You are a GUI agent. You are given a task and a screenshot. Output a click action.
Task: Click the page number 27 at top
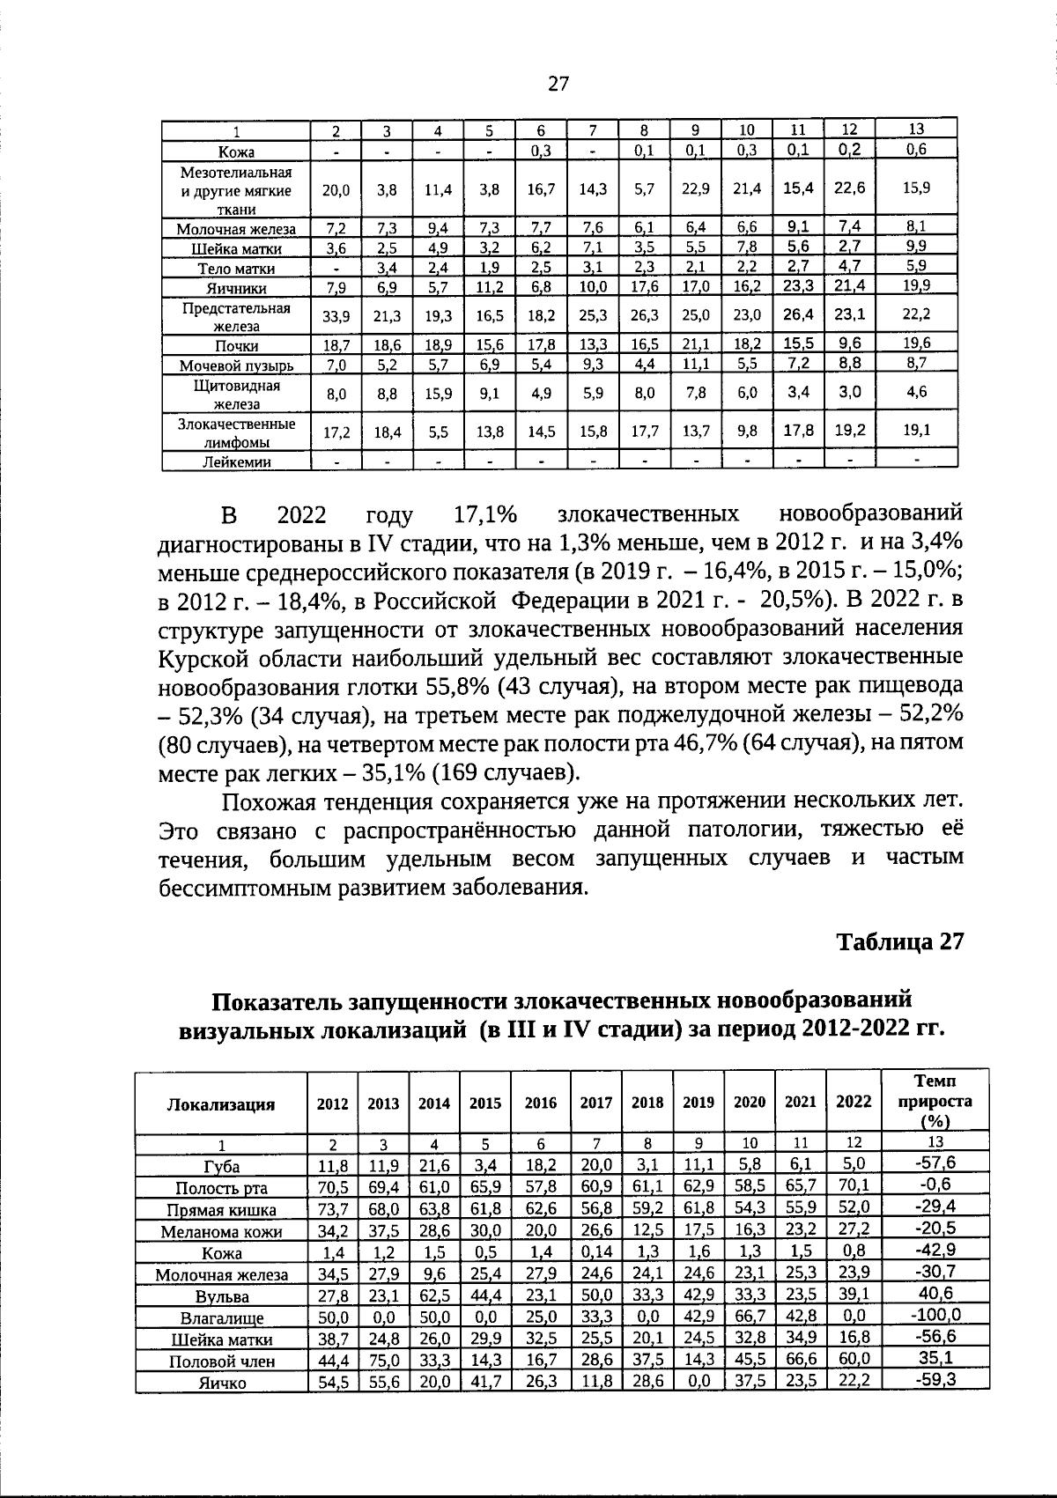tap(558, 85)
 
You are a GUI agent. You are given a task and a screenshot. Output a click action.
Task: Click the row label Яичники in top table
tap(236, 288)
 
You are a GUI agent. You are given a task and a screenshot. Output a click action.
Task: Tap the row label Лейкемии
tap(236, 462)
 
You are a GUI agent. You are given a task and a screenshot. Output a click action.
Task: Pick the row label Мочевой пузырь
tap(236, 365)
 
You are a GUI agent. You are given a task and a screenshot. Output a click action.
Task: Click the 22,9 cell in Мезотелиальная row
tap(696, 188)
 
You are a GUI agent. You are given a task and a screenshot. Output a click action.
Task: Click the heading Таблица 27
tap(900, 941)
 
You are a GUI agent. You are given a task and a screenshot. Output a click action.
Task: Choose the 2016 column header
tap(541, 1103)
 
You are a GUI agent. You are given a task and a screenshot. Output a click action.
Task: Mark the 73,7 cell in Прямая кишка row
tap(333, 1209)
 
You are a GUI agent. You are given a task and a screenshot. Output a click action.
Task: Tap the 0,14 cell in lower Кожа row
tap(597, 1252)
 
